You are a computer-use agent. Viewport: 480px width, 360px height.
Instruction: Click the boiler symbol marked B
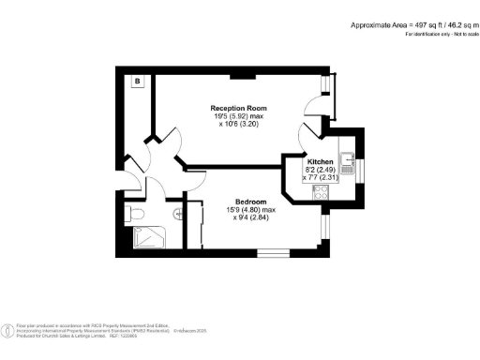click(x=137, y=82)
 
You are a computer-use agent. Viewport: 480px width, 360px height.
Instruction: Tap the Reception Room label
click(x=232, y=109)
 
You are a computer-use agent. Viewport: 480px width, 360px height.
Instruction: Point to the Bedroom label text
click(x=250, y=202)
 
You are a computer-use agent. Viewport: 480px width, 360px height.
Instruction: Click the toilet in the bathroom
click(x=137, y=215)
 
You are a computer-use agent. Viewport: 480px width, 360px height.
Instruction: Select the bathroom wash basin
click(x=175, y=214)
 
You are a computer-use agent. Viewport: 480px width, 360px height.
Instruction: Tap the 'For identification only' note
click(x=435, y=35)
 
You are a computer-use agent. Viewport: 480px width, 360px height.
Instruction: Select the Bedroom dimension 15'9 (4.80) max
click(x=250, y=210)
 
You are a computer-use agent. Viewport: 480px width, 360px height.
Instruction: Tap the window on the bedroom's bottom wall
click(x=274, y=252)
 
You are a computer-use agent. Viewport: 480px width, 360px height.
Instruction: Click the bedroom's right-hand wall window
click(x=324, y=228)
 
